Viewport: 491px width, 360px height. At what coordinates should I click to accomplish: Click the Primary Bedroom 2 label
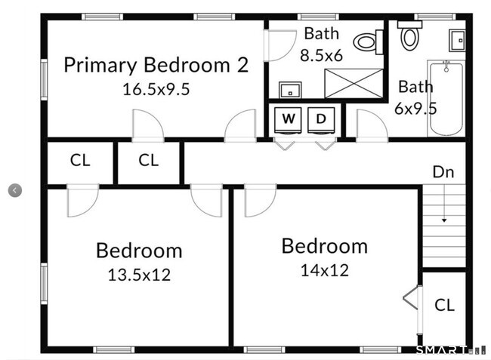(156, 65)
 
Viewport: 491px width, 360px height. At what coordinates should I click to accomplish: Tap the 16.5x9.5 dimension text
(156, 89)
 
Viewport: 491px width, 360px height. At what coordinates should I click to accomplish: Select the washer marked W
(288, 120)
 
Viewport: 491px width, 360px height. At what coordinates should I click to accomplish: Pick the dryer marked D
(321, 120)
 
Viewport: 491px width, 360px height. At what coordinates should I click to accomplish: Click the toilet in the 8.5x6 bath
(369, 42)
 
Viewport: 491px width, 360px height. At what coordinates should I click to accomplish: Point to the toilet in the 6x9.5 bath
(409, 35)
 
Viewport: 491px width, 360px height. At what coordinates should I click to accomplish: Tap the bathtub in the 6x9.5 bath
(446, 99)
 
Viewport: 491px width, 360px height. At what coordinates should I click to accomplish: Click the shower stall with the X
(354, 83)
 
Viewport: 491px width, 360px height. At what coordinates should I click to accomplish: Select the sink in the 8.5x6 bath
(290, 90)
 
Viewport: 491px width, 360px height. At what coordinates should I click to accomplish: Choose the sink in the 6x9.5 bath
(457, 40)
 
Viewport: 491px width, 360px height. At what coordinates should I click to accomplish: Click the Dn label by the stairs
(443, 172)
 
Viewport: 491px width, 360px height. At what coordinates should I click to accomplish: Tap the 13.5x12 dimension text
(139, 275)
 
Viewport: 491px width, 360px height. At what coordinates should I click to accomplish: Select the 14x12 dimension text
(325, 270)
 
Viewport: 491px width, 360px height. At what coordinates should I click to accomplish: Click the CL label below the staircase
(444, 305)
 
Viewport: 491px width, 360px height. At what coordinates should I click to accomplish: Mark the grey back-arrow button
(15, 190)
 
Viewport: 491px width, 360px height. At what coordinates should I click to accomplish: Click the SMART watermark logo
(442, 350)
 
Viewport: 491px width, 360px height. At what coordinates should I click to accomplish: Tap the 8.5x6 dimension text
(322, 56)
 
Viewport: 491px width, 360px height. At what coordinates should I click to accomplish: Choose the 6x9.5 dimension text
(415, 109)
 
